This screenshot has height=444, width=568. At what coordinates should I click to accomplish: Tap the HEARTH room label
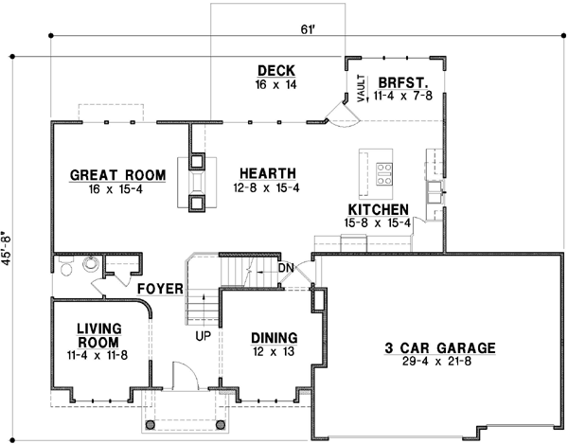pyautogui.click(x=268, y=173)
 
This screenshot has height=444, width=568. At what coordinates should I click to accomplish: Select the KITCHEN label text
pyautogui.click(x=378, y=209)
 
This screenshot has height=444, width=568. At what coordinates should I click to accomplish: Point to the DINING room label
pyautogui.click(x=275, y=338)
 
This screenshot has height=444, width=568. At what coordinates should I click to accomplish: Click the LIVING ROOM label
pyautogui.click(x=98, y=335)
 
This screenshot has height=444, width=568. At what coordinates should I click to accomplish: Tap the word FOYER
pyautogui.click(x=159, y=288)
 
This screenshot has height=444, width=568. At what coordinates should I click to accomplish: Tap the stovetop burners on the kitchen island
pyautogui.click(x=385, y=173)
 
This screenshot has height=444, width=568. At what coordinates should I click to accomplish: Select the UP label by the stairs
pyautogui.click(x=204, y=336)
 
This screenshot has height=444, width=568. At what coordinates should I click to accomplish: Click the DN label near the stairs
pyautogui.click(x=287, y=269)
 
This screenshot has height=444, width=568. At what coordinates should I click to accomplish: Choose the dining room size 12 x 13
pyautogui.click(x=275, y=352)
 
